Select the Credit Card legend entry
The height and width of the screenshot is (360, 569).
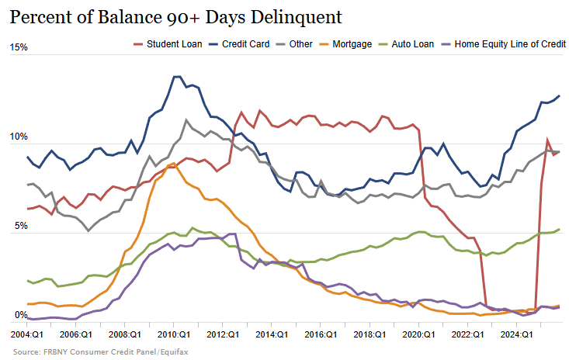[x=240, y=44]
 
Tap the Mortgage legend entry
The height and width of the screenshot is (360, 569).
[x=352, y=44]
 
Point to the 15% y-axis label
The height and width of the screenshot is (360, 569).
[x=19, y=47]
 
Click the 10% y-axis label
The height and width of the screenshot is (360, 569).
[x=19, y=137]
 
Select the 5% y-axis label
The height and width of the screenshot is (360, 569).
[x=21, y=227]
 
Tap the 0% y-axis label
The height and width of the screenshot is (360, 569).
[x=21, y=317]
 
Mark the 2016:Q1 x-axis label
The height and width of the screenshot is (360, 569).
[x=320, y=334]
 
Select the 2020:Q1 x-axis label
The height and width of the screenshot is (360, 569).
[x=418, y=334]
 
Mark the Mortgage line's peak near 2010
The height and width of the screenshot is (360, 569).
[x=172, y=164]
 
